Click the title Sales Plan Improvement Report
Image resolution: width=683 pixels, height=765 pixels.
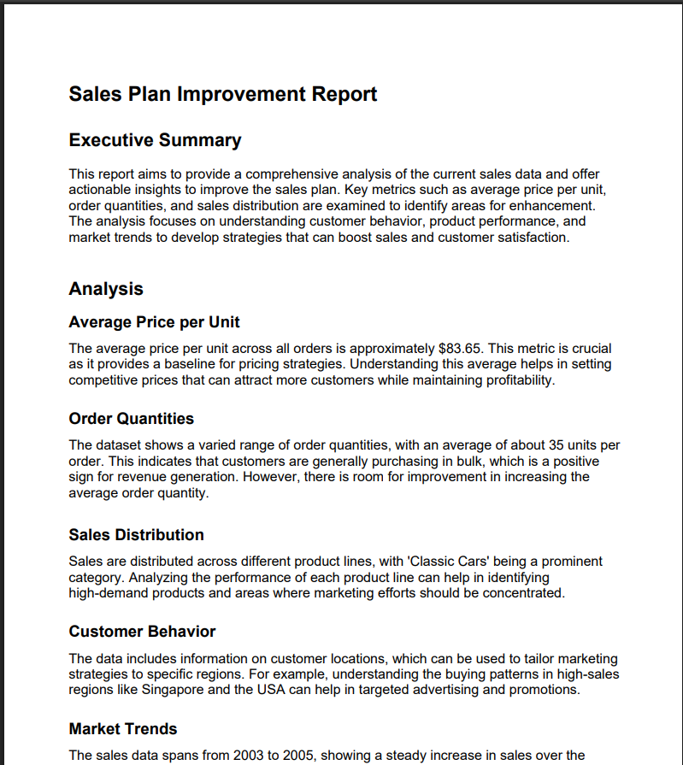pos(222,94)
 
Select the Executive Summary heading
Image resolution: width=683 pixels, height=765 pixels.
pos(155,140)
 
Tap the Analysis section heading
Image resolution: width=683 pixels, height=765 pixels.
pos(105,289)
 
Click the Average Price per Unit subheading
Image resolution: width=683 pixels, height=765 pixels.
pos(154,322)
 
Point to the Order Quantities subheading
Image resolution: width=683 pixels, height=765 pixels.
pos(131,419)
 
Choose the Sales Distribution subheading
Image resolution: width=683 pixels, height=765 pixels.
pos(136,535)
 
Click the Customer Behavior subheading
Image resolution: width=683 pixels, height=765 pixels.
pos(142,632)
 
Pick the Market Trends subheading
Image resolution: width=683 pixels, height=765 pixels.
pos(122,729)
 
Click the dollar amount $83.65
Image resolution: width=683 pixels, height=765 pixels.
pos(460,349)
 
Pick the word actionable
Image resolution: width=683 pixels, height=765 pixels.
pos(100,190)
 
